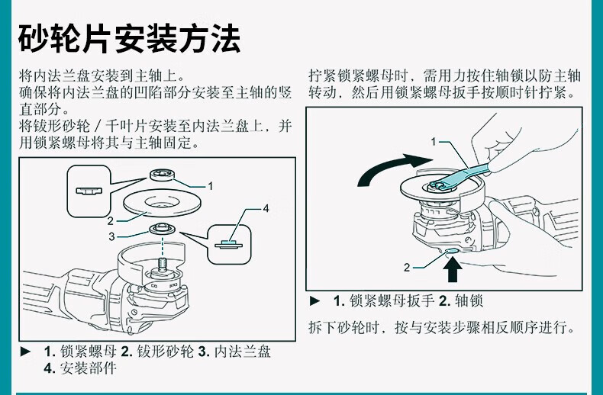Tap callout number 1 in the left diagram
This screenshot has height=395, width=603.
coord(211,185)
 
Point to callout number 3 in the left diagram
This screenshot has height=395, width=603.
coord(111,236)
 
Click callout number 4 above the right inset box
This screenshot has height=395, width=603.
coord(266,207)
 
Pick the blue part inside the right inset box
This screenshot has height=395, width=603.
coord(229,244)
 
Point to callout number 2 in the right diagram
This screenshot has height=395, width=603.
coord(407,267)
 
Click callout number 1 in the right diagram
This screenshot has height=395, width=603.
coord(434,141)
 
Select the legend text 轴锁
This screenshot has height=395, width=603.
coord(470,300)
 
